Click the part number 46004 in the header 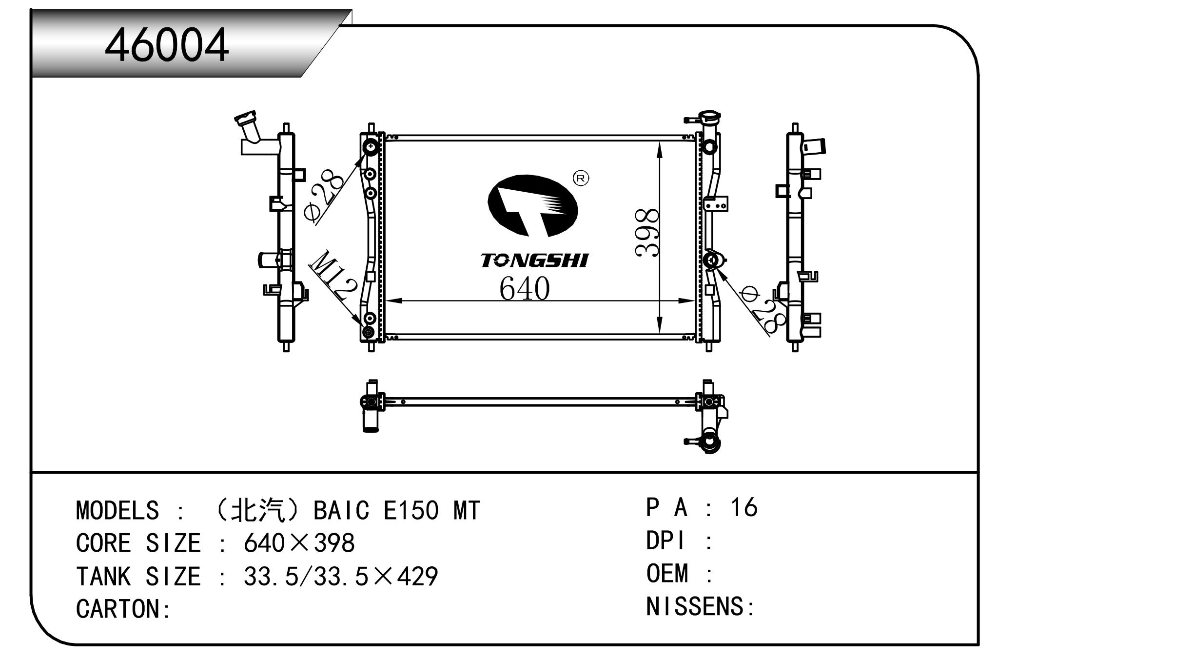167,45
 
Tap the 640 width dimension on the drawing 525,288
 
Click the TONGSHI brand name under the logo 535,260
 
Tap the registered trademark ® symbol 581,178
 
